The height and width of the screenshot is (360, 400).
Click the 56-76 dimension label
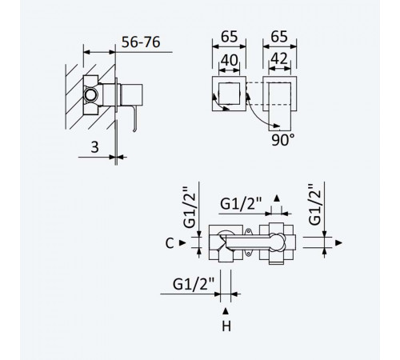[x=141, y=42]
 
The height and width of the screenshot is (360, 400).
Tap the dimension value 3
[x=94, y=147]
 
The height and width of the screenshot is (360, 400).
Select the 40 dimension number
[x=229, y=60]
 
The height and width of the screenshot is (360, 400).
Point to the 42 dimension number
[x=279, y=58]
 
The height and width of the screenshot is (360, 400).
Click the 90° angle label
[x=283, y=140]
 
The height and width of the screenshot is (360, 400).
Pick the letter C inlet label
[x=170, y=243]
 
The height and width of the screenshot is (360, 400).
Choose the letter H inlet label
[x=226, y=326]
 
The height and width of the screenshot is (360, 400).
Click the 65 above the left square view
[x=229, y=37]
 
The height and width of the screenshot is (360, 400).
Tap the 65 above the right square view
[x=279, y=37]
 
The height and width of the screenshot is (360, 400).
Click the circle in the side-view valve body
[x=90, y=95]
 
